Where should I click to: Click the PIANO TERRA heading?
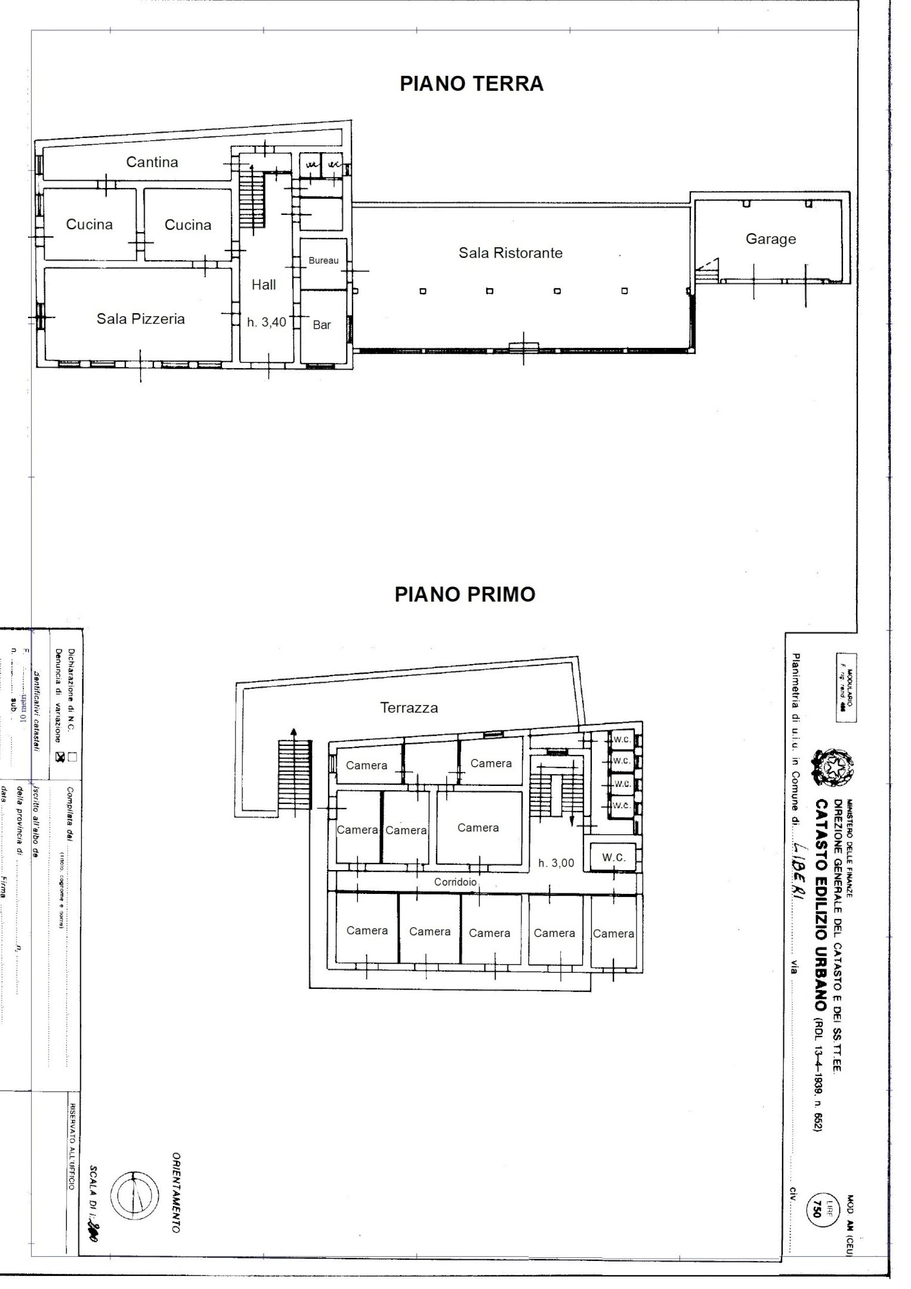pyautogui.click(x=471, y=84)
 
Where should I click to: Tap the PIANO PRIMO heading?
pyautogui.click(x=465, y=594)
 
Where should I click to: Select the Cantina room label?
pyautogui.click(x=152, y=162)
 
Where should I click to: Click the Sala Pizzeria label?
pyautogui.click(x=141, y=319)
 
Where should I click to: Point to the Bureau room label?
pyautogui.click(x=323, y=261)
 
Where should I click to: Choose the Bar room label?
pyautogui.click(x=322, y=325)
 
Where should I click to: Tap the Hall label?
pyautogui.click(x=264, y=285)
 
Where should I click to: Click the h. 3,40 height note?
pyautogui.click(x=267, y=322)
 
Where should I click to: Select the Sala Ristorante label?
pyautogui.click(x=510, y=253)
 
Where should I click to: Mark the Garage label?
pyautogui.click(x=770, y=239)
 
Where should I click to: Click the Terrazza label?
pyautogui.click(x=409, y=708)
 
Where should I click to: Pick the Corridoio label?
pyautogui.click(x=455, y=881)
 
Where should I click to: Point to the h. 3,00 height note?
pyautogui.click(x=556, y=863)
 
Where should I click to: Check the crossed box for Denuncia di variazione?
pyautogui.click(x=60, y=757)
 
